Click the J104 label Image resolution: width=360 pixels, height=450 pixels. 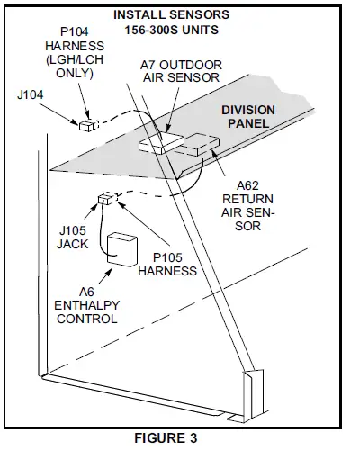point(31,94)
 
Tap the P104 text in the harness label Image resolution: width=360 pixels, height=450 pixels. point(75,31)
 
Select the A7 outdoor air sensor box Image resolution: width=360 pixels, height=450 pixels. point(161,143)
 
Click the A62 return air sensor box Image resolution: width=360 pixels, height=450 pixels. point(197,145)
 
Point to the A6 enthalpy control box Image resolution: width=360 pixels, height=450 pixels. point(122,249)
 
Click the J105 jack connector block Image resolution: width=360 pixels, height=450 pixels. point(105,199)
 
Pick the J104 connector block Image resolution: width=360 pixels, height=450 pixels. point(86,125)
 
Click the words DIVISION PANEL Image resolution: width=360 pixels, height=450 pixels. point(248,117)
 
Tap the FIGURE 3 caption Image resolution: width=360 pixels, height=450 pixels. point(166,438)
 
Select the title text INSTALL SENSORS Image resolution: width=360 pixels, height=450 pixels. point(171,14)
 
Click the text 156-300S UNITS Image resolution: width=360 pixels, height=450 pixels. point(171,30)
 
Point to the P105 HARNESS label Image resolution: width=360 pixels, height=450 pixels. point(167,265)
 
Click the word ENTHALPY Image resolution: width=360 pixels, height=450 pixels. point(87,305)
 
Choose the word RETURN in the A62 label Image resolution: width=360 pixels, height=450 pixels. point(247,199)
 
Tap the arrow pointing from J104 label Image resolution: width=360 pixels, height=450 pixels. point(59,113)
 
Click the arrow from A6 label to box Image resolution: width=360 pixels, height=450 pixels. point(105,276)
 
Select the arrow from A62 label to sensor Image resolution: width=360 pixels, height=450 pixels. point(219,163)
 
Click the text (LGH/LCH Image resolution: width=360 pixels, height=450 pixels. point(75,59)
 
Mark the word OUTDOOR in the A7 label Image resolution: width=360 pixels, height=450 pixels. point(191,65)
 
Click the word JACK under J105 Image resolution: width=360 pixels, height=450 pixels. point(73,244)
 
